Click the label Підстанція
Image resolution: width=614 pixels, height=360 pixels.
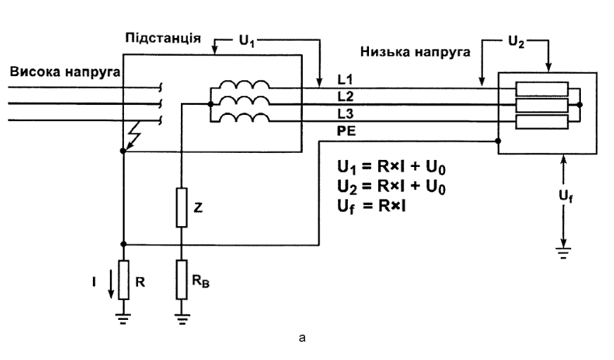[x=163, y=38]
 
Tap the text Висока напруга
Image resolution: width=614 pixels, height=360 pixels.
[x=65, y=72]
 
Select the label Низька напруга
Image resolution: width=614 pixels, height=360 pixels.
[x=415, y=52]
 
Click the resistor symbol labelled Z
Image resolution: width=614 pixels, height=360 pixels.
[x=182, y=208]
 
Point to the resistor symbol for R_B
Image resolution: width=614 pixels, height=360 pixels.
[x=182, y=280]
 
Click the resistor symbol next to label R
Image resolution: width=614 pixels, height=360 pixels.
[x=124, y=280]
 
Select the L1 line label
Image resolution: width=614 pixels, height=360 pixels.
[x=345, y=80]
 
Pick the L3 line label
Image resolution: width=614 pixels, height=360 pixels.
[x=345, y=114]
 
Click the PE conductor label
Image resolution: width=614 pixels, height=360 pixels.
[x=346, y=131]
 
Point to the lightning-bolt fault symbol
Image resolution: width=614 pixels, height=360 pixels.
[x=133, y=137]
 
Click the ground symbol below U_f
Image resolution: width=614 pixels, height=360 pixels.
[x=563, y=253]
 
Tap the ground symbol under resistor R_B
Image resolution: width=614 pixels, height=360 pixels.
[x=182, y=320]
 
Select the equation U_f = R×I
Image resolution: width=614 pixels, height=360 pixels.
[x=371, y=206]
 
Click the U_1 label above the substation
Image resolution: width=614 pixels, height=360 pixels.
[x=246, y=41]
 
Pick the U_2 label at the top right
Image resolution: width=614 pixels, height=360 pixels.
[x=515, y=42]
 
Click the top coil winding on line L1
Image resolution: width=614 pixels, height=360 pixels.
[x=244, y=85]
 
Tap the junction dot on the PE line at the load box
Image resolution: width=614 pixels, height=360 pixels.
[x=498, y=141]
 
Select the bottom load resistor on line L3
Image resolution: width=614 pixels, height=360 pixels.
[x=542, y=122]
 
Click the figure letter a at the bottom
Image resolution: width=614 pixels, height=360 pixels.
[x=302, y=337]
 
